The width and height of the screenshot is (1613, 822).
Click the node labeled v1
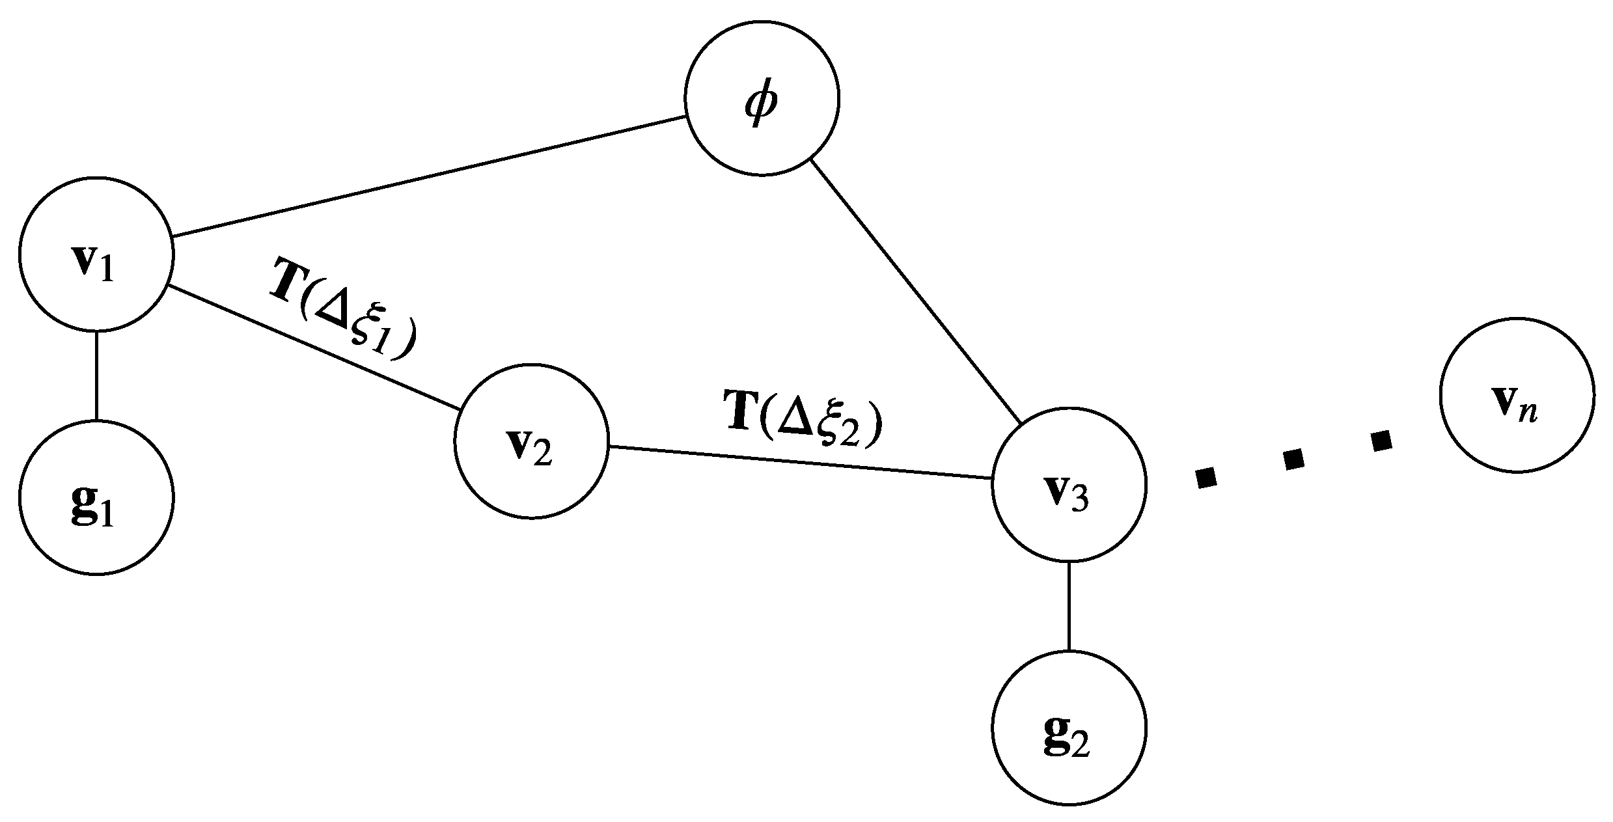pos(96,254)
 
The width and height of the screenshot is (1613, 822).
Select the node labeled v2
pos(531,442)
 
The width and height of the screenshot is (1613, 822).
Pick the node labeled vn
pos(1517,395)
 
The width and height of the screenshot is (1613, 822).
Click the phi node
pos(762,99)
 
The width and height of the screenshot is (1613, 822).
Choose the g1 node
pos(96,497)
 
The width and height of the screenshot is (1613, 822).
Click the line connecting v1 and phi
pos(430,176)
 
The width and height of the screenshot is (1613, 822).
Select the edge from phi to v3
pos(915,290)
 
